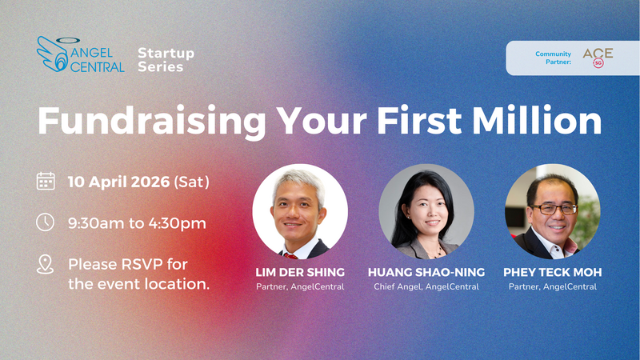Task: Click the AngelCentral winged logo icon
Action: (x=53, y=54)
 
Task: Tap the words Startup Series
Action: (x=166, y=60)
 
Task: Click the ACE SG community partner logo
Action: (x=598, y=57)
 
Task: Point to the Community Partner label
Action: (x=554, y=58)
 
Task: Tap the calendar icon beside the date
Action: (x=46, y=182)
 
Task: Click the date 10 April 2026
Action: (x=119, y=182)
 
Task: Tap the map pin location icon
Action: (x=46, y=265)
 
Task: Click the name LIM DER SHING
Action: (x=300, y=273)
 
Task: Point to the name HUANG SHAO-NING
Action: (x=426, y=273)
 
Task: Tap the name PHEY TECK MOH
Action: (x=552, y=273)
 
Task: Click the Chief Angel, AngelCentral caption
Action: (x=426, y=287)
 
